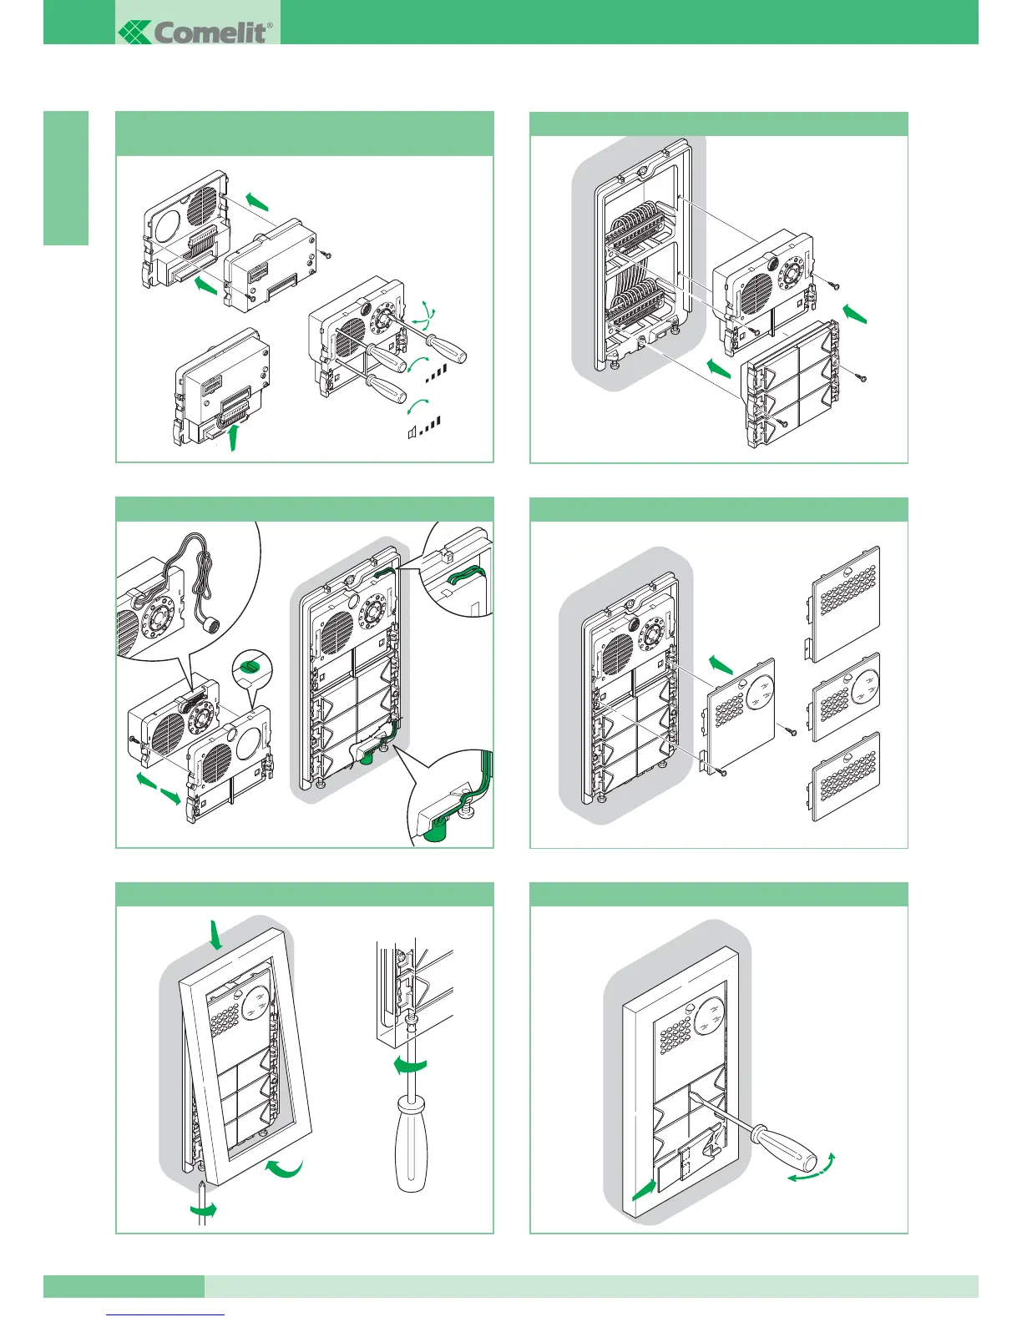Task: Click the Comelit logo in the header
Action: (196, 33)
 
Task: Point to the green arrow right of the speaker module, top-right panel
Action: (856, 313)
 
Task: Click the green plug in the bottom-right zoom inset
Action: (434, 831)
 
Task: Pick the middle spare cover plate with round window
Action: (845, 697)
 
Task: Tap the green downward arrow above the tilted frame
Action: (216, 935)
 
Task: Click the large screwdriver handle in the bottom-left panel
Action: (412, 1143)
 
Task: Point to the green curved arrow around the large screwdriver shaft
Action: (411, 1064)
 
